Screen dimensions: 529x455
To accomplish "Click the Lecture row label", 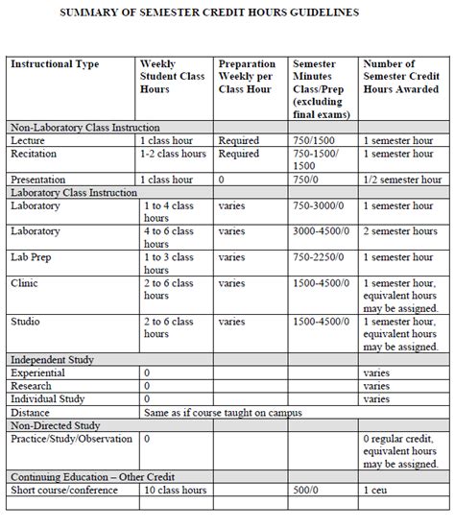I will [x=27, y=140].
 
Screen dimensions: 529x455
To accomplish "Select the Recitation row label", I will [x=34, y=154].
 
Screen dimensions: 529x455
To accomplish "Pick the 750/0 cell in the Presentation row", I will [x=308, y=180].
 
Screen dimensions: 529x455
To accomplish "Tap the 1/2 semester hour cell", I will [x=401, y=180].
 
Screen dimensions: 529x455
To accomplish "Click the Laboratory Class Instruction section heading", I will [x=73, y=193].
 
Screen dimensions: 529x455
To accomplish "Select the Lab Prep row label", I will [x=32, y=257].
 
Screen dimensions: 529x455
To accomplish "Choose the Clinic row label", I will [x=26, y=283].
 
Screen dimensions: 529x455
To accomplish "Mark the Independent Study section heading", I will [x=52, y=359].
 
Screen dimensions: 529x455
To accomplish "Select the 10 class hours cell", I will [x=176, y=491].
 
